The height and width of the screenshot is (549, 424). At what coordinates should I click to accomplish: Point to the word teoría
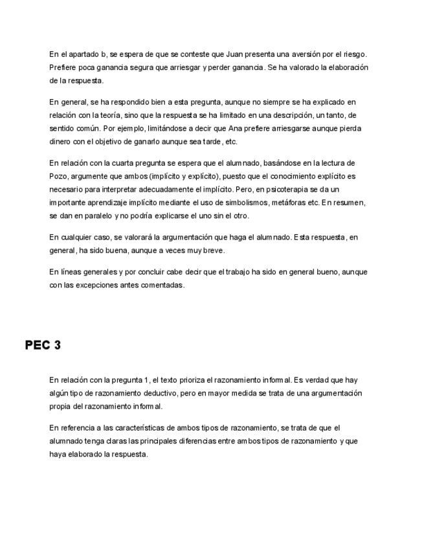coord(124,115)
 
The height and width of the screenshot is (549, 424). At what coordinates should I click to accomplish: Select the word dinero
coord(60,142)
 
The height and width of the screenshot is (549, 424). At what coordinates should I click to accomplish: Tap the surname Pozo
coord(59,176)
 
